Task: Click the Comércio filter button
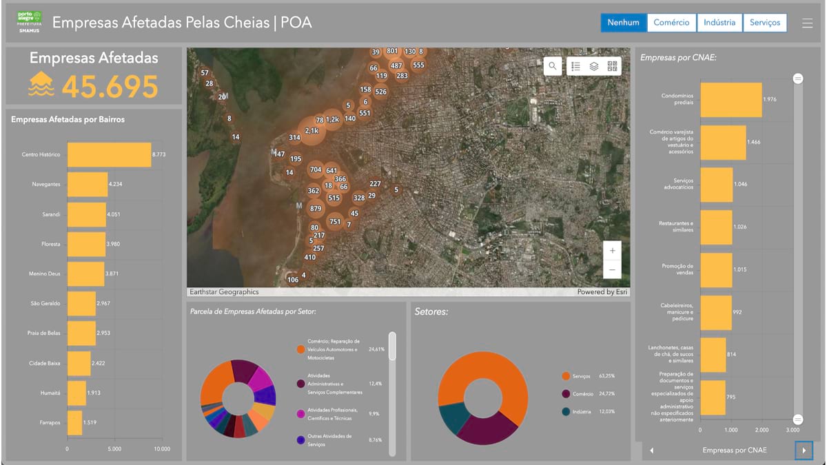click(x=671, y=23)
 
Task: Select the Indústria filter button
click(x=719, y=23)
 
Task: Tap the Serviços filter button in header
click(x=765, y=23)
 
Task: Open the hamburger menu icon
click(x=807, y=23)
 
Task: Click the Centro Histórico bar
click(x=109, y=154)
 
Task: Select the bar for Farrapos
click(x=74, y=422)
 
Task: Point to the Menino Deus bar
click(x=85, y=273)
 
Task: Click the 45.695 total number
click(x=110, y=86)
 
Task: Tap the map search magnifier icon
click(x=552, y=66)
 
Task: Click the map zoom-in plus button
click(x=612, y=250)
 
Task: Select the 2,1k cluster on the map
click(x=312, y=130)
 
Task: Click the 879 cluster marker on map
click(x=316, y=209)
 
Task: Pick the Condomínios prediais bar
click(x=731, y=99)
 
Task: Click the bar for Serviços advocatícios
click(x=716, y=184)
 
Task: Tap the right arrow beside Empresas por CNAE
click(x=804, y=451)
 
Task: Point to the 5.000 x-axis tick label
click(x=114, y=448)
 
